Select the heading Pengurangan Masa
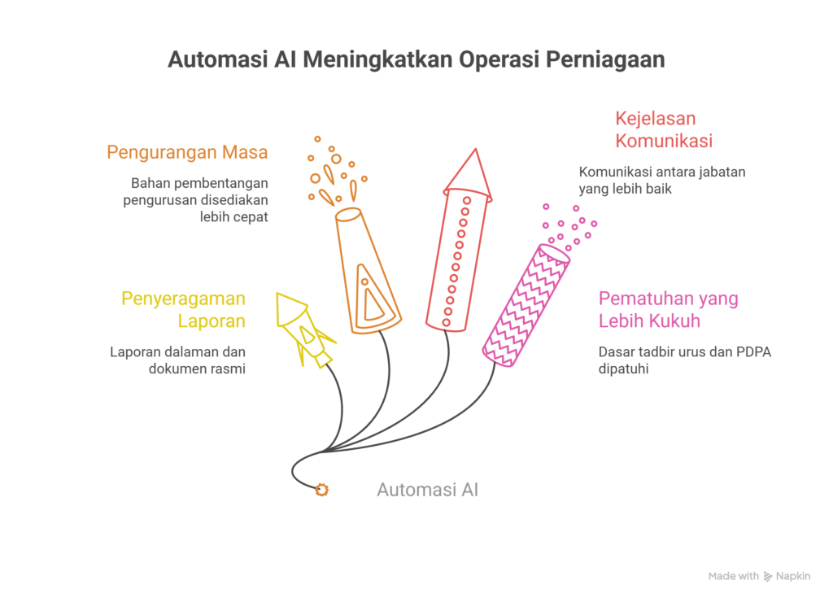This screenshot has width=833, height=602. (x=187, y=152)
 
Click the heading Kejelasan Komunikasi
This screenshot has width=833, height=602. (x=664, y=130)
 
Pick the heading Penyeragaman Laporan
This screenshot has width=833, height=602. (x=184, y=309)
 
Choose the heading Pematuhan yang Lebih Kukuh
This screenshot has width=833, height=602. (x=668, y=310)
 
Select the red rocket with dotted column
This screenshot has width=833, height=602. (x=458, y=252)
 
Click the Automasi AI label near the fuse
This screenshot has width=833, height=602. (x=427, y=490)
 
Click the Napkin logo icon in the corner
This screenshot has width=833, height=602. (x=767, y=576)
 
